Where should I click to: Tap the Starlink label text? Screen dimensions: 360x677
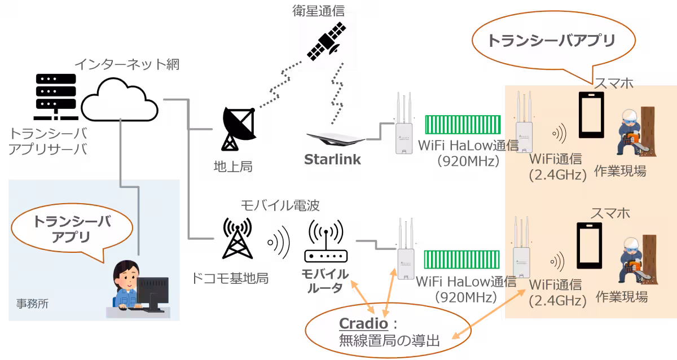tap(332, 160)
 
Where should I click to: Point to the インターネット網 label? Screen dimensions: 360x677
tap(126, 64)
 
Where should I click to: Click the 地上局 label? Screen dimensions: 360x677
tap(232, 166)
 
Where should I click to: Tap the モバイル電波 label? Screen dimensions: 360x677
tap(280, 205)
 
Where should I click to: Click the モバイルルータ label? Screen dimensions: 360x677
tap(324, 281)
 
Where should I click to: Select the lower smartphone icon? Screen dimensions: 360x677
tap(589, 247)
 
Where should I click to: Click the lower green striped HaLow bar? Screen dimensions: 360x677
tap(462, 260)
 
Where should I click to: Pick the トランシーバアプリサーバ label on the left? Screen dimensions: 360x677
tap(49, 141)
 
